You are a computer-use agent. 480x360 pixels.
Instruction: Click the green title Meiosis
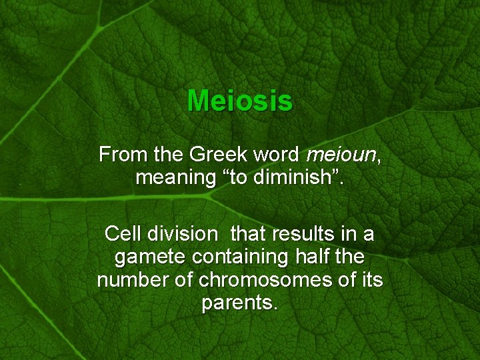pyautogui.click(x=239, y=101)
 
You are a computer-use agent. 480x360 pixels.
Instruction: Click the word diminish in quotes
pyautogui.click(x=295, y=178)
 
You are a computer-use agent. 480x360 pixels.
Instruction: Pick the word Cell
pyautogui.click(x=122, y=235)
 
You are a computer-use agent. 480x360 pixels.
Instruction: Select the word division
pyautogui.click(x=181, y=235)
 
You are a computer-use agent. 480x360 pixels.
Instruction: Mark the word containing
pyautogui.click(x=246, y=257)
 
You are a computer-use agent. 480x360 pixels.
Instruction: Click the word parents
pyautogui.click(x=239, y=303)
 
